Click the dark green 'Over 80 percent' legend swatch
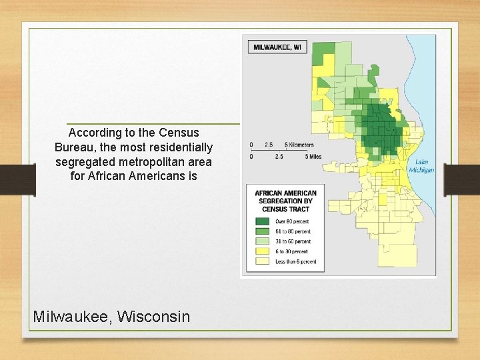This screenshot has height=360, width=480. [262, 221]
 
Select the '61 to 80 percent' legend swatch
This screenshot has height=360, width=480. [262, 231]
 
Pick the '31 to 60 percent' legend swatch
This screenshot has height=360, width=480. [262, 241]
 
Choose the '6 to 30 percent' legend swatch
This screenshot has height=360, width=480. [262, 251]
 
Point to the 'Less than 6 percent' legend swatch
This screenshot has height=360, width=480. [262, 261]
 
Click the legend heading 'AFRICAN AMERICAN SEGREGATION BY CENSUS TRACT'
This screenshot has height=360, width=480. [285, 201]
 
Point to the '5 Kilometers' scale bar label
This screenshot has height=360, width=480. [299, 145]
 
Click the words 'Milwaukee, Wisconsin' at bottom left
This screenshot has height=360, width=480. [111, 316]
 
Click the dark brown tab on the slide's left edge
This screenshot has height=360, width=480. [18, 180]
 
